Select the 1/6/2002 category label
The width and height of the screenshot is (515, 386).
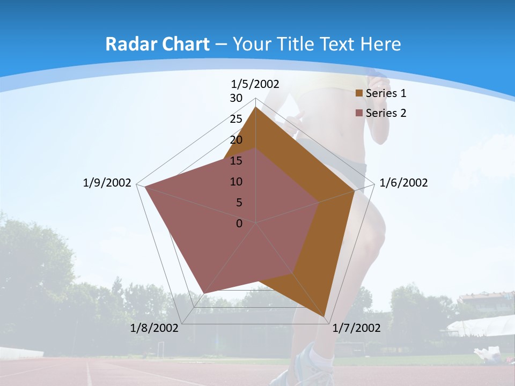403,183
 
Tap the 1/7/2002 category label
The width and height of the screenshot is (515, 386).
356,328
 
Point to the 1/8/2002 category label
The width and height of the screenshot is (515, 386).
154,328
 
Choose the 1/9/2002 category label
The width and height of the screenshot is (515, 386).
107,183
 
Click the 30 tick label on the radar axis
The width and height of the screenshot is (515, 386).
236,98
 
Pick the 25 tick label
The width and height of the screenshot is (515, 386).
236,119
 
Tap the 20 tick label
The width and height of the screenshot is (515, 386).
236,140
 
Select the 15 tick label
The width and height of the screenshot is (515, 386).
236,161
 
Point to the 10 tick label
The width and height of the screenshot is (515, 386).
236,182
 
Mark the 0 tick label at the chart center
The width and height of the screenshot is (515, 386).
239,224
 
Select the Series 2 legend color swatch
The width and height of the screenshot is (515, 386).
359,113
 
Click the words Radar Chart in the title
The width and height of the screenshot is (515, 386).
157,44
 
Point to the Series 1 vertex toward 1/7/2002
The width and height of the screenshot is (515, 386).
325,317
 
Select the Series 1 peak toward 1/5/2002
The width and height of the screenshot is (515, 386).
255,107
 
